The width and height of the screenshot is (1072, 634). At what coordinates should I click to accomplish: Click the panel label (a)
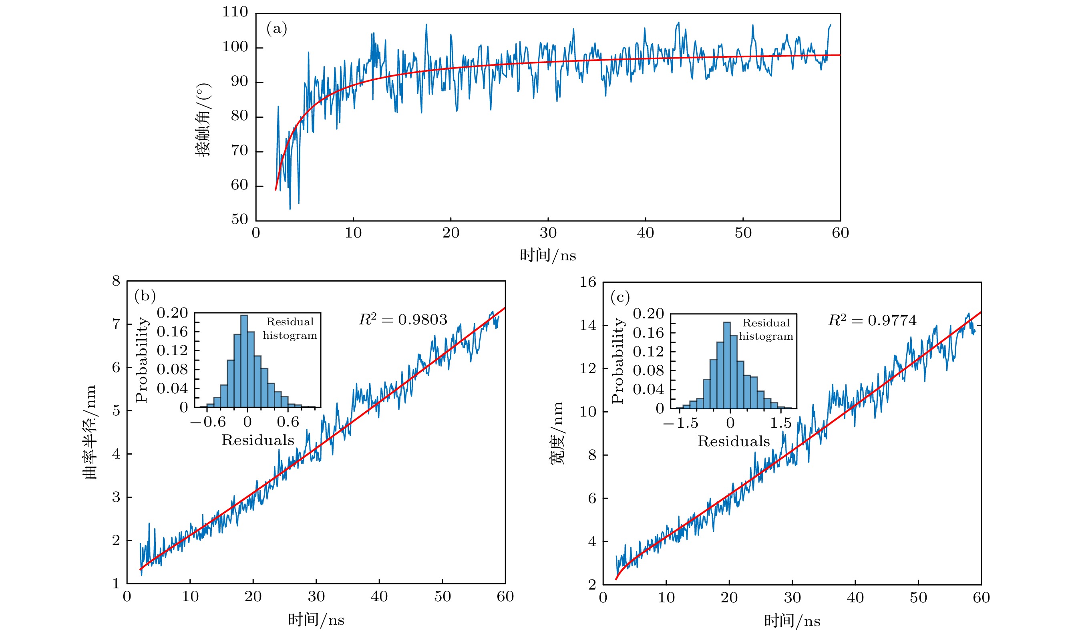click(x=277, y=29)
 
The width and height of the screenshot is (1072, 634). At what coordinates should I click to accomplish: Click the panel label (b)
click(x=145, y=296)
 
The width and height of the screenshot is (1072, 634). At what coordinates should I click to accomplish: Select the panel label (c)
click(x=620, y=297)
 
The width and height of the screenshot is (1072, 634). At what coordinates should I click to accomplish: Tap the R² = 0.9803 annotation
click(x=403, y=320)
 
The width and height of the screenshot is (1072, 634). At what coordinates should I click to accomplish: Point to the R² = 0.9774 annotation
click(x=872, y=320)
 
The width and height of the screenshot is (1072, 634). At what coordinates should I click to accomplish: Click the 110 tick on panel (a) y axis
click(x=235, y=12)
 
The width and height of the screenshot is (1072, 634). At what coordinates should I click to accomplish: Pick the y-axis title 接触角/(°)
click(x=203, y=120)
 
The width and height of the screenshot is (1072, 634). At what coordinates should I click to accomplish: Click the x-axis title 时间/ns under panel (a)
click(x=547, y=256)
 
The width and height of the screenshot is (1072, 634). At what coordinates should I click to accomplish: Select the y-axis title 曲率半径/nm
click(x=90, y=432)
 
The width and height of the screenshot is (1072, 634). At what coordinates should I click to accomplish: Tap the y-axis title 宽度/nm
click(x=557, y=433)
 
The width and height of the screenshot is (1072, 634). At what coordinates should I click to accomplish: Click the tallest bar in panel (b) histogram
click(x=244, y=361)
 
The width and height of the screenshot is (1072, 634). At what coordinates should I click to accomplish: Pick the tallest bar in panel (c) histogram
click(x=726, y=365)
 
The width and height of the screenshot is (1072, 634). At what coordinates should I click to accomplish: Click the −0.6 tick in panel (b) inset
click(x=208, y=422)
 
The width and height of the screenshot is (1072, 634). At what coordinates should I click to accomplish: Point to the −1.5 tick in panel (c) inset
click(x=680, y=423)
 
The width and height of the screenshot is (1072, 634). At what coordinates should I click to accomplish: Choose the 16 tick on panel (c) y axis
click(x=588, y=282)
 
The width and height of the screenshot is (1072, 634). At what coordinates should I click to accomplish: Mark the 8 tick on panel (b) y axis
click(x=116, y=281)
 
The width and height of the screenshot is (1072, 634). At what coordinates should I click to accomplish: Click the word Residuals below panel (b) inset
click(x=257, y=441)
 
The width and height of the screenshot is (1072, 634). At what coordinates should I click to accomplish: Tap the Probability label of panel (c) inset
click(x=617, y=360)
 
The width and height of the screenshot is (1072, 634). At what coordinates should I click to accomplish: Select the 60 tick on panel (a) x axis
click(x=840, y=233)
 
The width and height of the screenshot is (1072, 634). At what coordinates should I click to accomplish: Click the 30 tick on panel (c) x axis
click(x=792, y=598)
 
